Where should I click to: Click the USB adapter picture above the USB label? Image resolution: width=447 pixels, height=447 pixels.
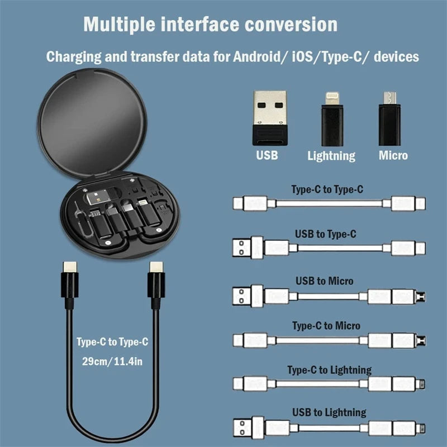270,117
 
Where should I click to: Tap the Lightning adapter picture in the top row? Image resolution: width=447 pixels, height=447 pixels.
331,118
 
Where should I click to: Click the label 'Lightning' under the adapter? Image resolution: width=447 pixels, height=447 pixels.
331,156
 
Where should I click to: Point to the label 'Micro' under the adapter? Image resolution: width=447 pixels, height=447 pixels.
393,155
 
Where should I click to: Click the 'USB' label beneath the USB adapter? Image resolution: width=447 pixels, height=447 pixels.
267,155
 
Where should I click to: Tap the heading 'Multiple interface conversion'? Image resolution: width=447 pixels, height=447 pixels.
210,25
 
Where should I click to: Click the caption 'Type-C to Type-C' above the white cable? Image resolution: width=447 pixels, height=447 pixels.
327,189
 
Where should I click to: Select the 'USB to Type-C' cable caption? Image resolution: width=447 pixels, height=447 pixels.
325,234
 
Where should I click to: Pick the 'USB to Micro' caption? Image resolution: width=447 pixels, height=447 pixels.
325,280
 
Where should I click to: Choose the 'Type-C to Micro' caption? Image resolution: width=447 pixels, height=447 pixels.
326,325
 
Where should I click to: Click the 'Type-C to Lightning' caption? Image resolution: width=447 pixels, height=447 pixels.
329,369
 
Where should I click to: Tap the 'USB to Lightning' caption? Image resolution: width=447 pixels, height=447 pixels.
329,413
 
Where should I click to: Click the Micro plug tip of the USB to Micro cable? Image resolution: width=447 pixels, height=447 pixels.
421,296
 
